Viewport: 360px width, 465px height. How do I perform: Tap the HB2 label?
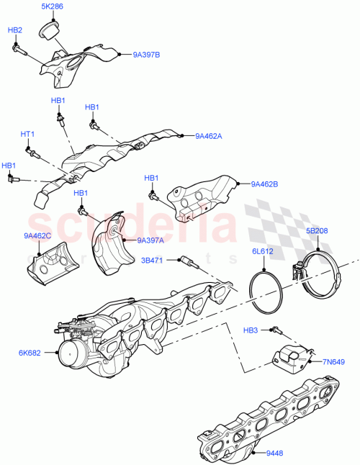[14, 30]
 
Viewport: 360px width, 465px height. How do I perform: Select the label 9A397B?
[147, 54]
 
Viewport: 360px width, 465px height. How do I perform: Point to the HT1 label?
[27, 135]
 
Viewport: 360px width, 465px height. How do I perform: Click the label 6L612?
[263, 251]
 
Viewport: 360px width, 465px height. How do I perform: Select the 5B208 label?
[318, 231]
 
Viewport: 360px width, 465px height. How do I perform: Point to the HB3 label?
[251, 330]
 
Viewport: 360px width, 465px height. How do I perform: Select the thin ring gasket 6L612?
[266, 289]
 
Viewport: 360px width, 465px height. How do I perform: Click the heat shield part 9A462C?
[48, 262]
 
